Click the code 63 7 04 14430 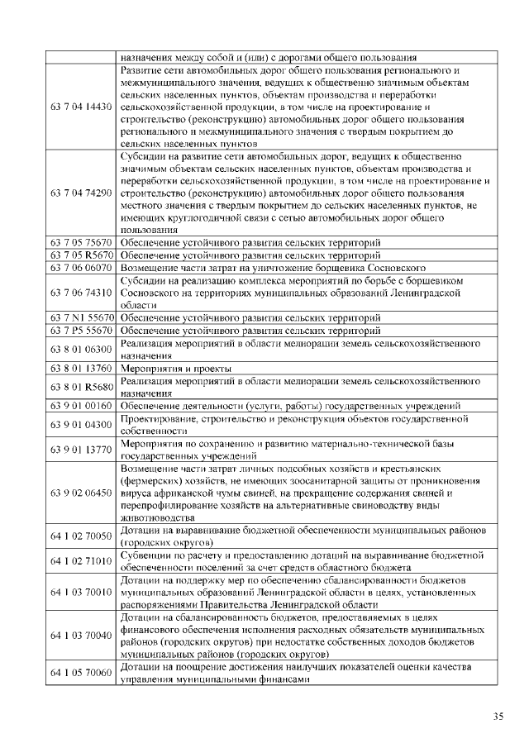tap(81, 107)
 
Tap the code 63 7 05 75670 tap(81, 242)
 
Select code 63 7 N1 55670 tap(81, 317)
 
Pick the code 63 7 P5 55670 tap(81, 331)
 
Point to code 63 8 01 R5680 tap(81, 386)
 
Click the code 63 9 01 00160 tap(81, 405)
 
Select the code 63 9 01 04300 tap(81, 424)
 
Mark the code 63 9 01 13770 tap(81, 450)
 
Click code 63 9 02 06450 tap(81, 493)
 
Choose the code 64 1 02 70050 tap(81, 536)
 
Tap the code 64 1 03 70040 tap(81, 635)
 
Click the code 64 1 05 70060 tap(81, 673)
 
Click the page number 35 tap(498, 716)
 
